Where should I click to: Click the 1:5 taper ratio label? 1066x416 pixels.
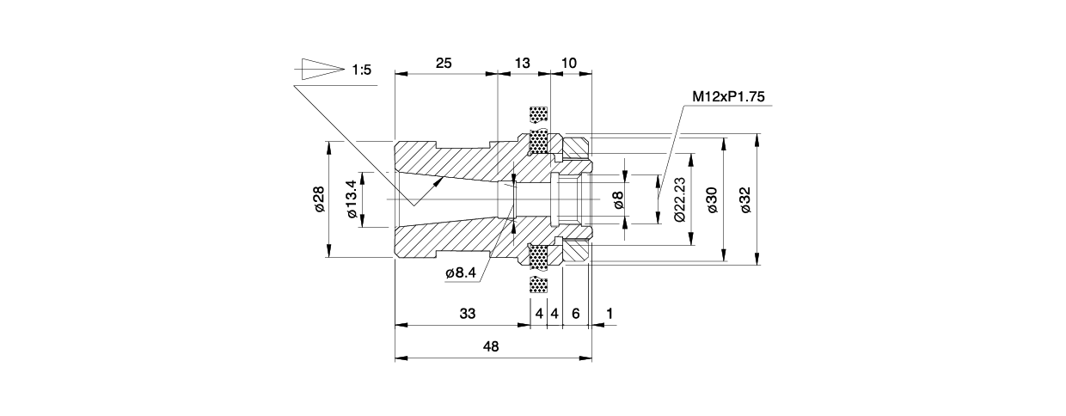click(x=361, y=70)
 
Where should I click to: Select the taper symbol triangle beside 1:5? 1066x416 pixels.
click(x=319, y=69)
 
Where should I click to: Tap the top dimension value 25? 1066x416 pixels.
click(x=444, y=64)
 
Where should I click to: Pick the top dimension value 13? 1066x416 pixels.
click(x=523, y=64)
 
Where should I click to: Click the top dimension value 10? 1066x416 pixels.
click(x=568, y=64)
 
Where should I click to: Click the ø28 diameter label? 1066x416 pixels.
click(x=318, y=199)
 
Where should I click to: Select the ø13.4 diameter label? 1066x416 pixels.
click(x=351, y=199)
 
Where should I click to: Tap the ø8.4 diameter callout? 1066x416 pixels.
click(x=461, y=272)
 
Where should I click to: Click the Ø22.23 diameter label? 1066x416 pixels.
click(x=679, y=199)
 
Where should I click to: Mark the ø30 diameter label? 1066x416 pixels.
click(x=711, y=199)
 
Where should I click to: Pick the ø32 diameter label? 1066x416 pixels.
click(x=744, y=199)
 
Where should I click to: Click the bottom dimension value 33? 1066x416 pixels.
click(x=467, y=314)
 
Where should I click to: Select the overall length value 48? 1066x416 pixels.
click(x=491, y=346)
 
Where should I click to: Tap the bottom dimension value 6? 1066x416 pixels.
click(x=575, y=314)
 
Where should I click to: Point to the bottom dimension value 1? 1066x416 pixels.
click(x=610, y=314)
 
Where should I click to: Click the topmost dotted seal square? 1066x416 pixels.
click(x=539, y=114)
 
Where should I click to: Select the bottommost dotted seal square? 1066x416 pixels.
click(x=539, y=284)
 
